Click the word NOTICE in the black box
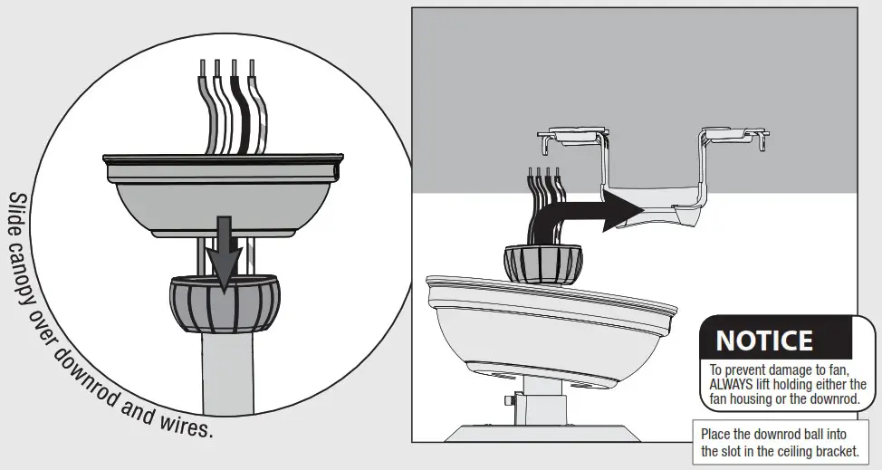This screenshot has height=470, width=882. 764,341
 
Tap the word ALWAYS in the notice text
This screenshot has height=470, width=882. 734,383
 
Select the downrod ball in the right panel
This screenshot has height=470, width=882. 541,263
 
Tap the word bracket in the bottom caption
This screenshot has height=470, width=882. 831,451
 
